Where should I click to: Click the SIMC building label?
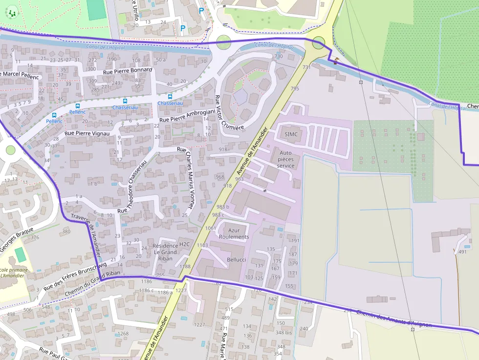tap(291, 134)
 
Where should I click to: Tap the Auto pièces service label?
tap(286, 159)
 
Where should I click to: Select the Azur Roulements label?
tap(234, 233)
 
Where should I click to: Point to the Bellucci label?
tap(237, 259)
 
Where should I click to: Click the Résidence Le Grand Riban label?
tap(166, 252)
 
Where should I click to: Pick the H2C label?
tap(184, 244)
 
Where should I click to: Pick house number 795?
tap(295, 88)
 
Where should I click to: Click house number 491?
tap(462, 252)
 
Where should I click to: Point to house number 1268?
tap(123, 334)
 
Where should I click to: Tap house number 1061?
tap(211, 228)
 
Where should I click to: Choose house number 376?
tap(35, 237)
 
